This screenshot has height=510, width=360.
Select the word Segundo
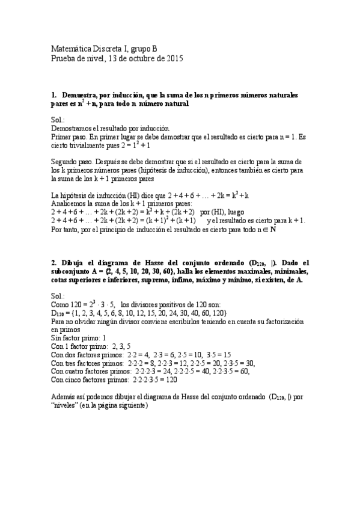point(65,162)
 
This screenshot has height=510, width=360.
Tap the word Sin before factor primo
point(57,338)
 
